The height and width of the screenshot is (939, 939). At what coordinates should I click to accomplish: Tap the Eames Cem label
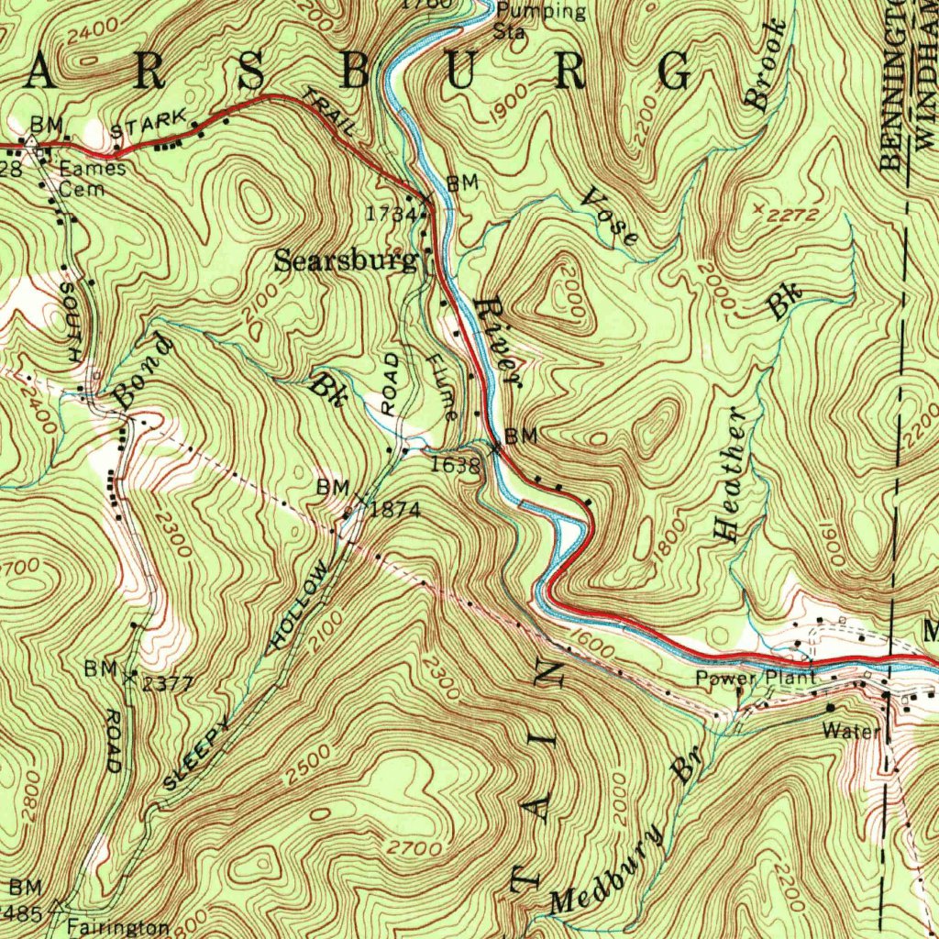(92, 179)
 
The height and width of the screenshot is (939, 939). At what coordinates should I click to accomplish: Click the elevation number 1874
(396, 510)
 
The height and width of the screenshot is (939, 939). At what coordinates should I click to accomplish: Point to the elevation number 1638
(456, 465)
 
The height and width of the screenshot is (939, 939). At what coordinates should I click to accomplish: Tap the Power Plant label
(755, 679)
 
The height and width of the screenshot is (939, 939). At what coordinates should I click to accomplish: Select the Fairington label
(118, 926)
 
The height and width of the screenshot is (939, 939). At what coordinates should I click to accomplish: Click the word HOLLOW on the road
(297, 609)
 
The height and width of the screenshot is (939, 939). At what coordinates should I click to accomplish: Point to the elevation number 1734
(384, 214)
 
